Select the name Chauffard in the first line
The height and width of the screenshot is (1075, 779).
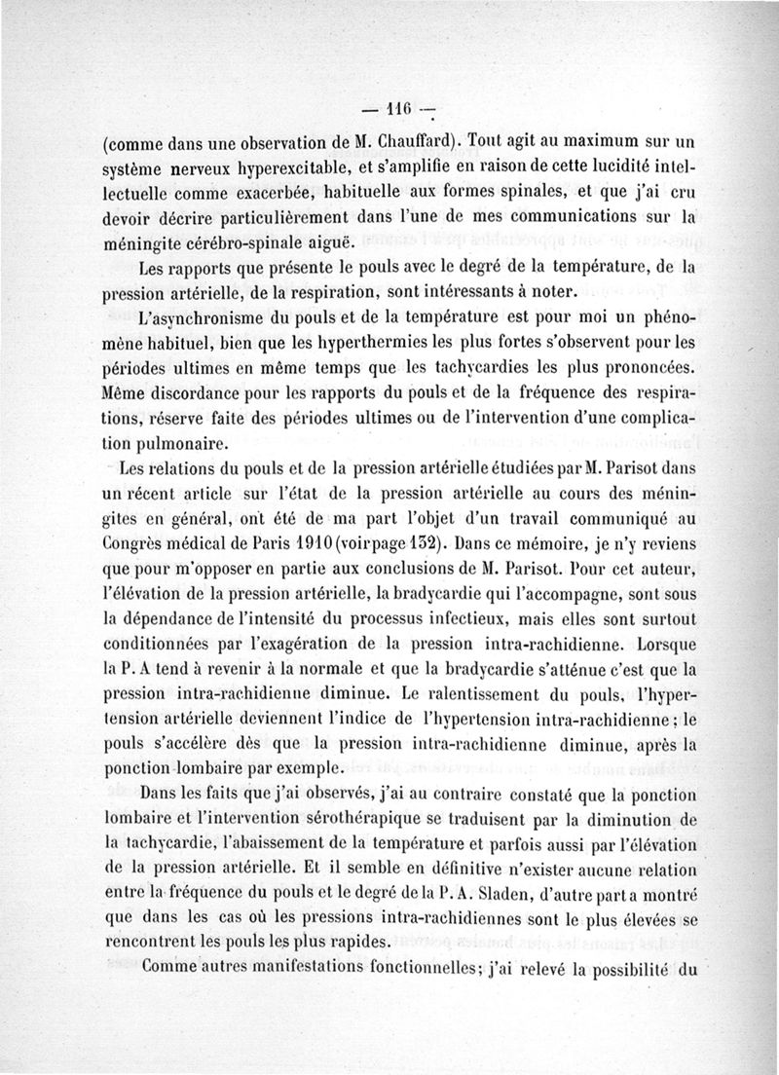pyautogui.click(x=408, y=136)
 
